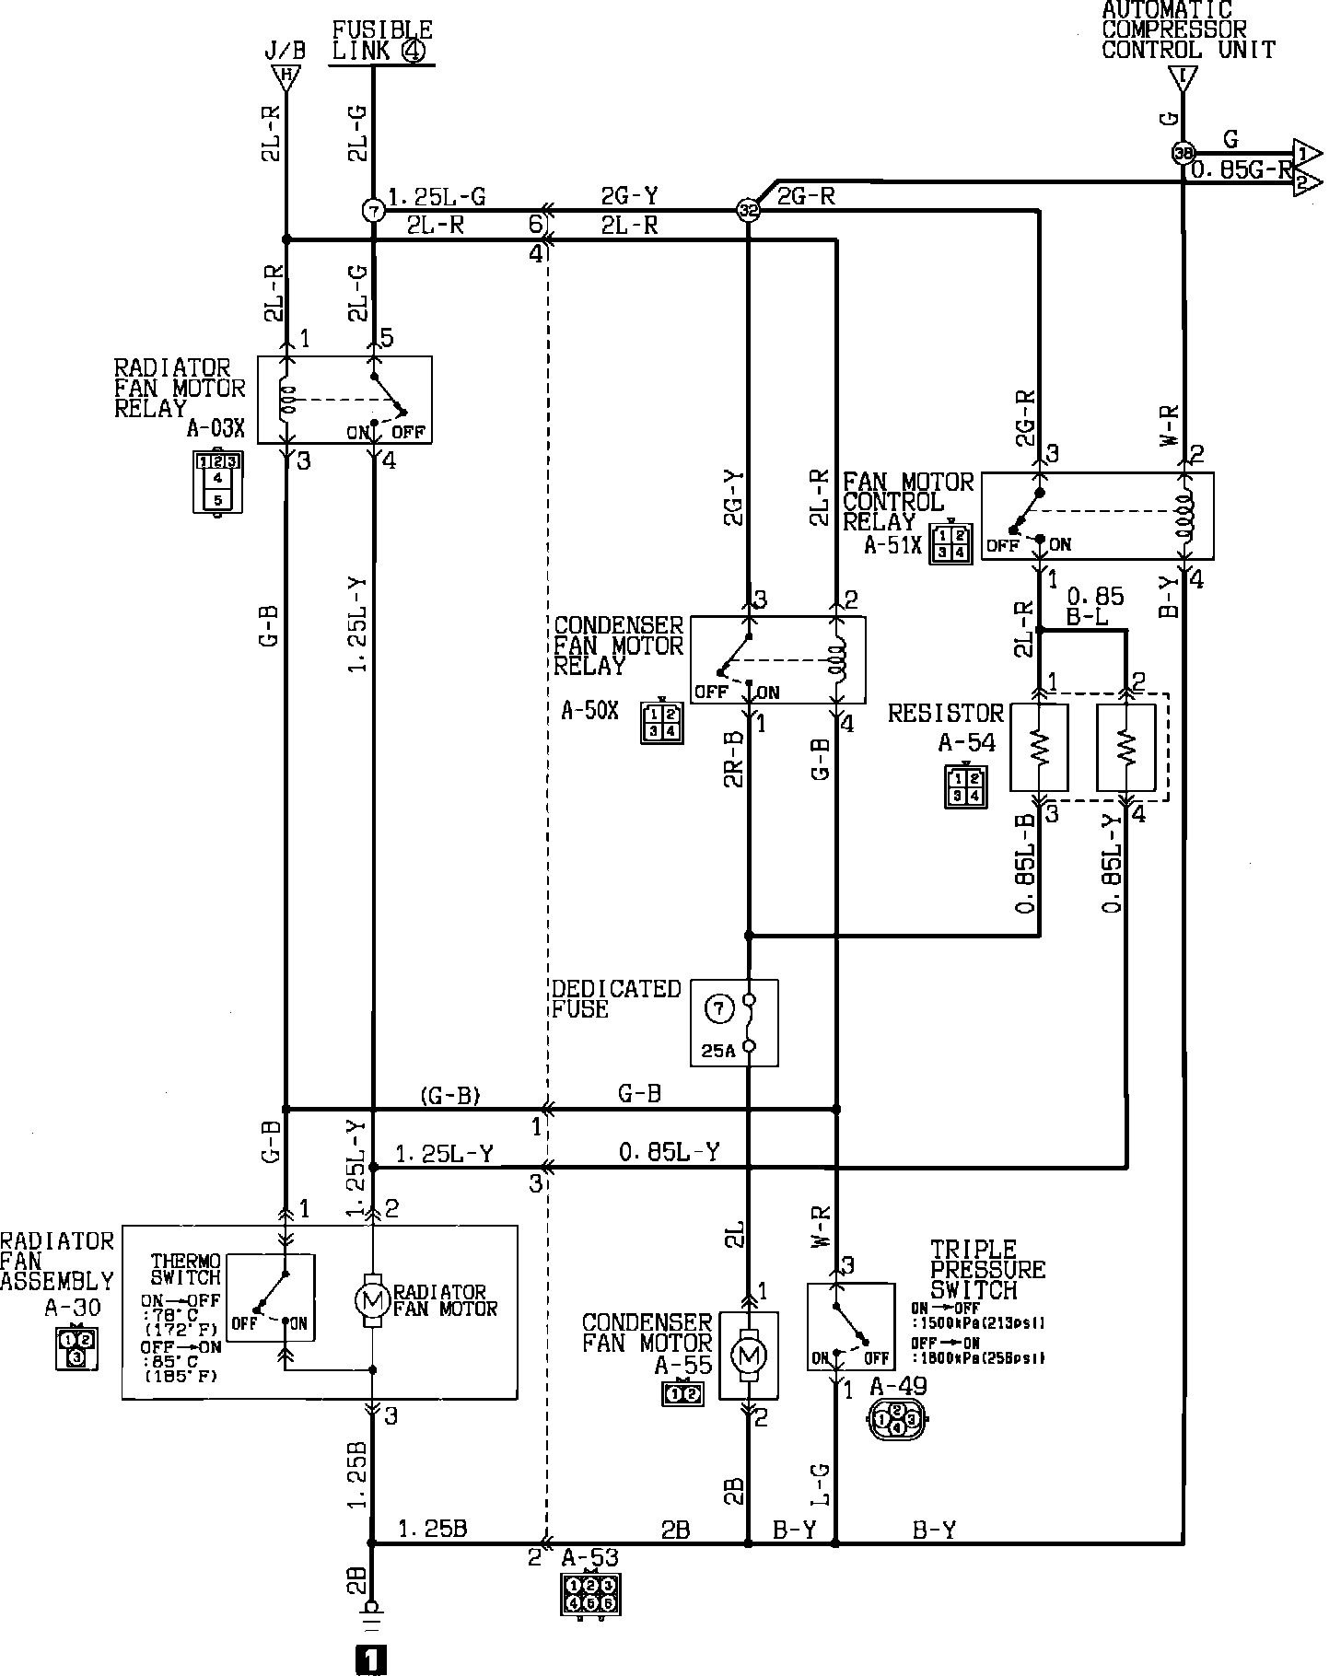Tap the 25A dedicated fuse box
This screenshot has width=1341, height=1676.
734,1022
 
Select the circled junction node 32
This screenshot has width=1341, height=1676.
747,211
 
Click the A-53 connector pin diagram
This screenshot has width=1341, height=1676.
589,1595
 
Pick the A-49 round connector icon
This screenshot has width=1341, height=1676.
896,1421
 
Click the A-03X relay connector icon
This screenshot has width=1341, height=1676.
217,481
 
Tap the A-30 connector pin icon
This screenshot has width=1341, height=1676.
76,1348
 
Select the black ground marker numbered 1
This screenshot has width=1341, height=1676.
370,1659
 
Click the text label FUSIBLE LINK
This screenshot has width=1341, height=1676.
381,41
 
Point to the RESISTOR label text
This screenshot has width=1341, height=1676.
945,714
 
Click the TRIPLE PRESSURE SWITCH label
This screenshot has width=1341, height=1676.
987,1269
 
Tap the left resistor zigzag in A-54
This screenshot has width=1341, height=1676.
1039,747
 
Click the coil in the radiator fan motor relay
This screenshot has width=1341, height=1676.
287,401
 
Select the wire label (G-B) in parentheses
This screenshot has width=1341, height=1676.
450,1096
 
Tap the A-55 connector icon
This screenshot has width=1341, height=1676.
682,1394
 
